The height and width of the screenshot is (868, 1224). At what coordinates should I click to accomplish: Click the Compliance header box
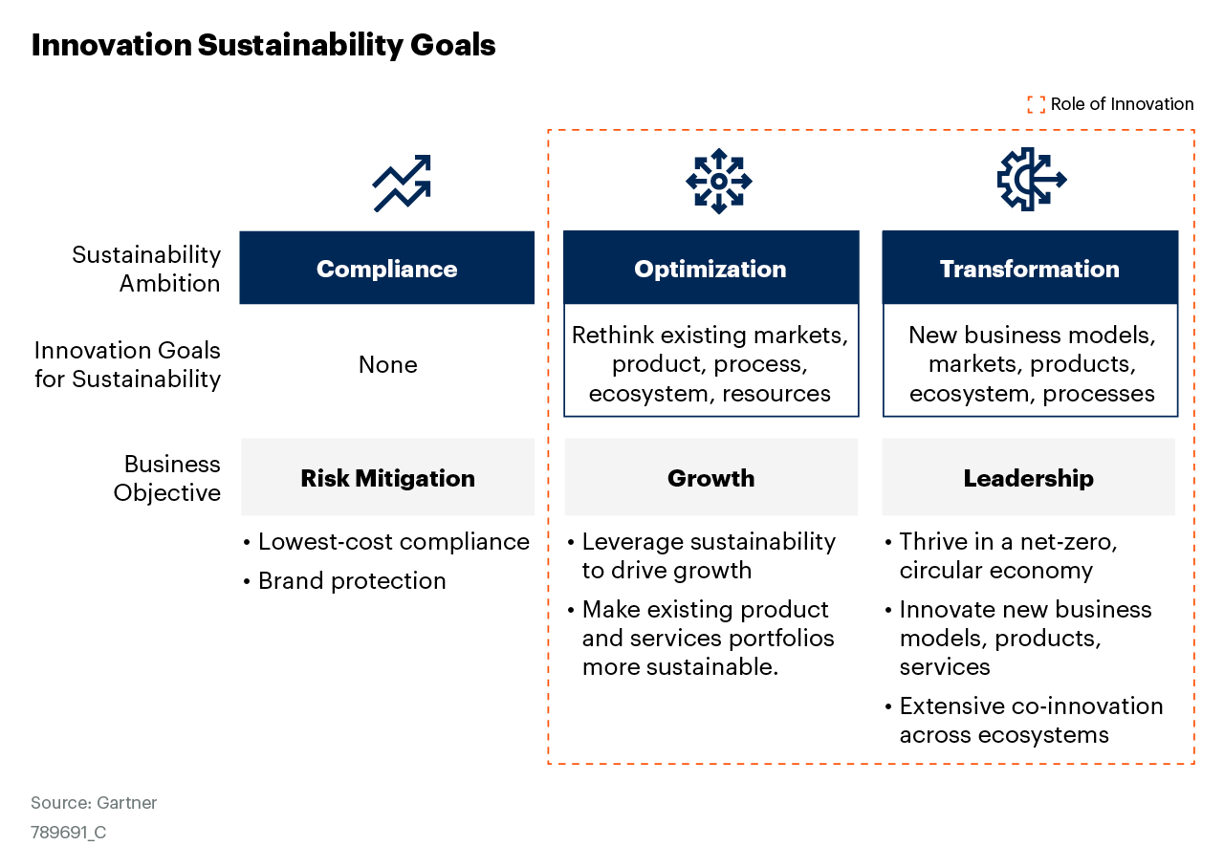386,269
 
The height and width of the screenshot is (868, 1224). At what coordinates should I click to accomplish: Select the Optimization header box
710,269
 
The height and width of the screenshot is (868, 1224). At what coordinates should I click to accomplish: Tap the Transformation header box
1030,269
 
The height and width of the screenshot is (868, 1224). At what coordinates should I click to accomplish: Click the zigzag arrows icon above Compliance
402,183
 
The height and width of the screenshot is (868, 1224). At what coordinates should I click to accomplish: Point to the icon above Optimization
719,181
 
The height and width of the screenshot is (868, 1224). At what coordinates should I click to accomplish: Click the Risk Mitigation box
387,478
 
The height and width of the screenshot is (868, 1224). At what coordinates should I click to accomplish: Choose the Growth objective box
710,478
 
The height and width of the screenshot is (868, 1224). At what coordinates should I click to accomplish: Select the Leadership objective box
1028,478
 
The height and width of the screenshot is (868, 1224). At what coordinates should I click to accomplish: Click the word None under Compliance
387,364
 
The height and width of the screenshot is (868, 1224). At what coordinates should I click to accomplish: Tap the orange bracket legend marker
1036,104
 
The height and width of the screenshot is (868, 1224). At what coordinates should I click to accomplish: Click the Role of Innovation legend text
1122,104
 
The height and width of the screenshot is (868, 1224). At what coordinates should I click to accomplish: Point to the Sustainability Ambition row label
146,269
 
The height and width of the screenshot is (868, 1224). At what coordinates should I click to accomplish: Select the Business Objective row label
167,478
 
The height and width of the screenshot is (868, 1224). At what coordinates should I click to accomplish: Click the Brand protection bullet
351,581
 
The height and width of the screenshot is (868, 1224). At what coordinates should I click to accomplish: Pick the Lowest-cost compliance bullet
393,542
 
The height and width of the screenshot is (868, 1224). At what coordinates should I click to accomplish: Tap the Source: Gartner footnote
94,803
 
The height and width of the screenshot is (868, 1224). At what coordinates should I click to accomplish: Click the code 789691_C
68,833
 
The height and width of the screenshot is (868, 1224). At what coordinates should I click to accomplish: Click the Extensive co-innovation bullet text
1030,720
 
